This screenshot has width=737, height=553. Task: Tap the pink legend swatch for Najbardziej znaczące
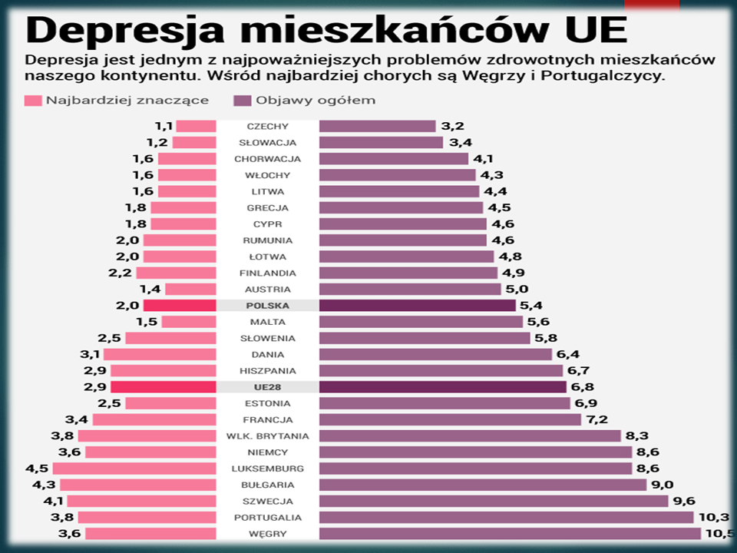32,101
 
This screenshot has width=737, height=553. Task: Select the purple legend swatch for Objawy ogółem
242,101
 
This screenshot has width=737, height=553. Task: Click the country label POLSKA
268,306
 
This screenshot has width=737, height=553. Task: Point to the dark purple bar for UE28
442,387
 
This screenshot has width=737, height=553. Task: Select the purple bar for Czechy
377,126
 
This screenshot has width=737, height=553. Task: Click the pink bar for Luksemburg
134,469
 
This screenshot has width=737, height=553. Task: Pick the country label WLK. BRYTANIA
268,436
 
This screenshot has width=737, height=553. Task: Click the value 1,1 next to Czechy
164,126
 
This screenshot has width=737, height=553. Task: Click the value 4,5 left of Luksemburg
37,469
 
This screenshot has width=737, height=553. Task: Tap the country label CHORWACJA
268,159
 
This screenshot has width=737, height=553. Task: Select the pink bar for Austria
190,290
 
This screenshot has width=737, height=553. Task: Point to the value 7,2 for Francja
597,420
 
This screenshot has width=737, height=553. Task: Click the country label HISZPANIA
268,371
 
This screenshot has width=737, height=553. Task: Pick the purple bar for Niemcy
475,452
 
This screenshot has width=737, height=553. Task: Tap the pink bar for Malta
189,322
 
